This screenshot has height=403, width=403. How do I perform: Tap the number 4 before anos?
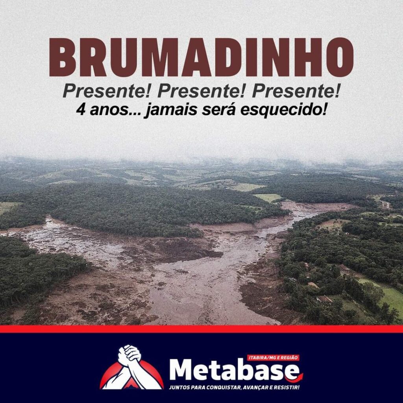click(80, 110)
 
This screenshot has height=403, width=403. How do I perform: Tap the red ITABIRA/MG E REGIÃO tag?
click(273, 357)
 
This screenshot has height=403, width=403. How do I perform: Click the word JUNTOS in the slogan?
click(178, 387)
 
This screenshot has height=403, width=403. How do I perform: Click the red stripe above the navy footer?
click(201, 329)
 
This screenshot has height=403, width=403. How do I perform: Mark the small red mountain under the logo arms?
click(132, 383)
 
